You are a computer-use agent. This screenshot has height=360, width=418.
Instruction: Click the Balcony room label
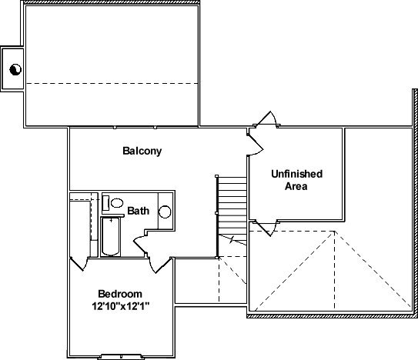click(x=142, y=151)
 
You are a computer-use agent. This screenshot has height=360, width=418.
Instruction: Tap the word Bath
click(x=138, y=211)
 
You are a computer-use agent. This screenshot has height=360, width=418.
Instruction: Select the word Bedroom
click(x=120, y=294)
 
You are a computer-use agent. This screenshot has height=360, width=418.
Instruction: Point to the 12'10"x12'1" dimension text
click(x=121, y=306)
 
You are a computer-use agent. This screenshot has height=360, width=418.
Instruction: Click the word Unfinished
click(x=296, y=174)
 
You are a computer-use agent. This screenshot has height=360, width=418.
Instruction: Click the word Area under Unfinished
click(x=296, y=186)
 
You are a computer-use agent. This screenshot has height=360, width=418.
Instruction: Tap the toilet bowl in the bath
click(x=117, y=203)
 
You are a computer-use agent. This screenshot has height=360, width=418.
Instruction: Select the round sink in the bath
click(x=165, y=212)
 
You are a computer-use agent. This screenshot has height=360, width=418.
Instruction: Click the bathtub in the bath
click(x=110, y=237)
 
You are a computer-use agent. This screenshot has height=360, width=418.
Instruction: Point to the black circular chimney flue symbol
click(x=15, y=70)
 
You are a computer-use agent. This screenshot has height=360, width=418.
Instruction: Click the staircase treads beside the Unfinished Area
click(x=232, y=211)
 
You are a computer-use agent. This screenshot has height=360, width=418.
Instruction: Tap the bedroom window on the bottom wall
click(x=121, y=356)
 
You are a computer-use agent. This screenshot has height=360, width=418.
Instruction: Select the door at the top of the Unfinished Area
click(x=266, y=118)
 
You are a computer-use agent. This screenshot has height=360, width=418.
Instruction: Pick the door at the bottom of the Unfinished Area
click(x=266, y=228)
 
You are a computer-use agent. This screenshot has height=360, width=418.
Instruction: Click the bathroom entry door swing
click(x=140, y=244)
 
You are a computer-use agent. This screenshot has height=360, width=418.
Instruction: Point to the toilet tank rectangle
click(x=105, y=203)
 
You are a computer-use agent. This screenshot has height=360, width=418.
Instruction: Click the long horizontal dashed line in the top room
click(x=112, y=83)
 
